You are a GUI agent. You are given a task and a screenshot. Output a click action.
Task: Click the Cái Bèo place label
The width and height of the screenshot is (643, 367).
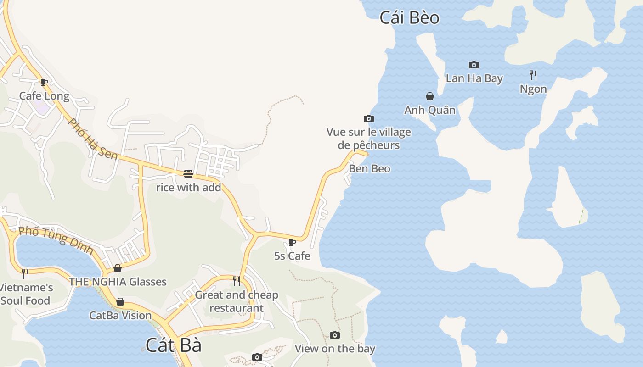pyautogui.click(x=409, y=18)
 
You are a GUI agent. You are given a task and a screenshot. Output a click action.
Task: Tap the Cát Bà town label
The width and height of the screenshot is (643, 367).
pyautogui.click(x=173, y=345)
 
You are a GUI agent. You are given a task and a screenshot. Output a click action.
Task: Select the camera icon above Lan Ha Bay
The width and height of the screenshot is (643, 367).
pyautogui.click(x=474, y=65)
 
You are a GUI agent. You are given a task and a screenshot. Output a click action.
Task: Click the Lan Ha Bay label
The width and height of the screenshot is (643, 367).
pyautogui.click(x=474, y=78)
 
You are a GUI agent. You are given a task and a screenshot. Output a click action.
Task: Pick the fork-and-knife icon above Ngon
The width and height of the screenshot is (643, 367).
pyautogui.click(x=533, y=75)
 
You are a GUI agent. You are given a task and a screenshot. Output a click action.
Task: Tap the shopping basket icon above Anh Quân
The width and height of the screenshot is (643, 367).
pyautogui.click(x=430, y=96)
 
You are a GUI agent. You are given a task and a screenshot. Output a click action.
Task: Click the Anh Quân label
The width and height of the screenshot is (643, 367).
pyautogui.click(x=430, y=110)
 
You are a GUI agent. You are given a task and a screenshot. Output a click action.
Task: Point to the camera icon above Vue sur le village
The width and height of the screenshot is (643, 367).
pyautogui.click(x=368, y=119)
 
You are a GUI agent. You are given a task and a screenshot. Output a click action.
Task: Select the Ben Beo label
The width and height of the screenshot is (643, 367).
pyautogui.click(x=369, y=169)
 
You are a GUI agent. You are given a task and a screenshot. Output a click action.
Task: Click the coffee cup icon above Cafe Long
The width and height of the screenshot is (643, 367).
pyautogui.click(x=44, y=83)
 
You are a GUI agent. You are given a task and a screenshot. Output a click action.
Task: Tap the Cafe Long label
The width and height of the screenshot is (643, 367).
pyautogui.click(x=44, y=96)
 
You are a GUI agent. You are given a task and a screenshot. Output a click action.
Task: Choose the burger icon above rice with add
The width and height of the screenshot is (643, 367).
pyautogui.click(x=188, y=173)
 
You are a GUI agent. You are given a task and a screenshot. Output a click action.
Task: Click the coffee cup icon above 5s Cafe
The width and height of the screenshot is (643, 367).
pyautogui.click(x=292, y=242)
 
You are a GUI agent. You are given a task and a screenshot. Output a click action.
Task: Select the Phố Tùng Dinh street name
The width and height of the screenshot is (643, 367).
pyautogui.click(x=56, y=240)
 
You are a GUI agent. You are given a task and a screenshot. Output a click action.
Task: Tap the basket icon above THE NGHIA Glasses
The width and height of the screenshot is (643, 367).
pyautogui.click(x=118, y=268)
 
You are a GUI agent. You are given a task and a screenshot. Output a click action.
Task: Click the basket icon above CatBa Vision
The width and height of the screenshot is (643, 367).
pyautogui.click(x=120, y=302)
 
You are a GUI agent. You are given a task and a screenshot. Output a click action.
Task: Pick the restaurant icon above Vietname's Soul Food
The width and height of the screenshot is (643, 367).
pyautogui.click(x=25, y=274)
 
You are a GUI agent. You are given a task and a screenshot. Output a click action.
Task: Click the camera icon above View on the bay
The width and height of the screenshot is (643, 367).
pyautogui.click(x=335, y=335)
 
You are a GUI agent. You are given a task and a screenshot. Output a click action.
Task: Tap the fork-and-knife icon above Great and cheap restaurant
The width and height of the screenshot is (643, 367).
pyautogui.click(x=237, y=281)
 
